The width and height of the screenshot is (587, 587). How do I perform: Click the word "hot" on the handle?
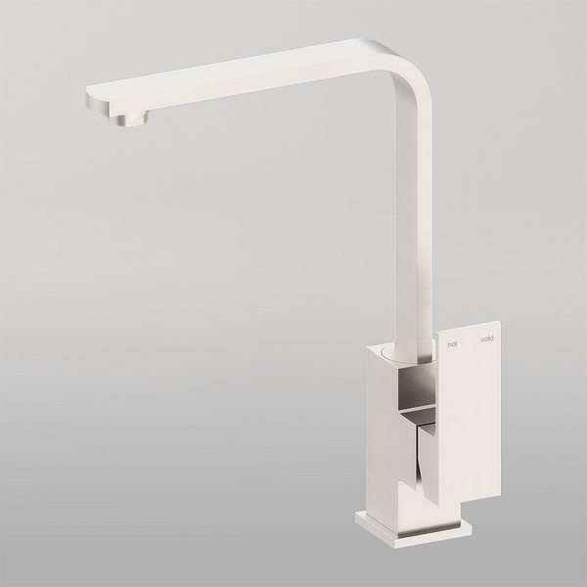click(451, 343)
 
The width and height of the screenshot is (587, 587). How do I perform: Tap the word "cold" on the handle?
click(486, 339)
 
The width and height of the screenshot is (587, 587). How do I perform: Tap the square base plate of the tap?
click(411, 528)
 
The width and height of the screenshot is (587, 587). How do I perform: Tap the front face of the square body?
click(382, 430)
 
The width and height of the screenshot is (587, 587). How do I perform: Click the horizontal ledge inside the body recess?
click(417, 405)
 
